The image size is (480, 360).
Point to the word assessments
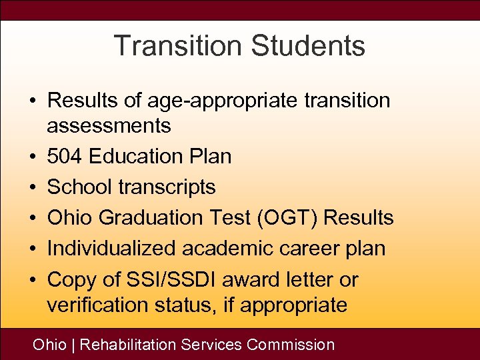click(x=109, y=125)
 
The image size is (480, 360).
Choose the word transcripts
click(x=167, y=187)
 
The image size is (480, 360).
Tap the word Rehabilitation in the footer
click(x=128, y=345)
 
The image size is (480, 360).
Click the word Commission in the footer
click(x=291, y=345)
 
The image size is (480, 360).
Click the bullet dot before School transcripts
click(x=32, y=188)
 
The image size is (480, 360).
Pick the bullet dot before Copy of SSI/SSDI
click(x=32, y=280)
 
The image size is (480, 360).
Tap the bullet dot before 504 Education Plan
click(x=32, y=157)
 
